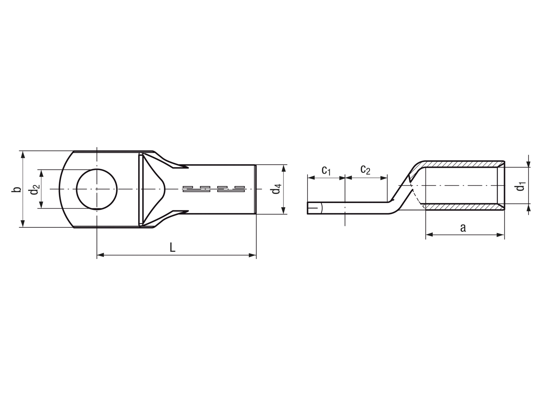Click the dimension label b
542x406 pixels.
tap(17, 189)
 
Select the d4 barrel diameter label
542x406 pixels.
tap(276, 189)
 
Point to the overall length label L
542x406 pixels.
tap(173, 247)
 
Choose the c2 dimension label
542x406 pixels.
tap(365, 170)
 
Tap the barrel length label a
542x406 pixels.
tap(463, 228)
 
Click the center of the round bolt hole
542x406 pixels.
tap(97, 189)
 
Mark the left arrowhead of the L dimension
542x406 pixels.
tap(100, 255)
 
